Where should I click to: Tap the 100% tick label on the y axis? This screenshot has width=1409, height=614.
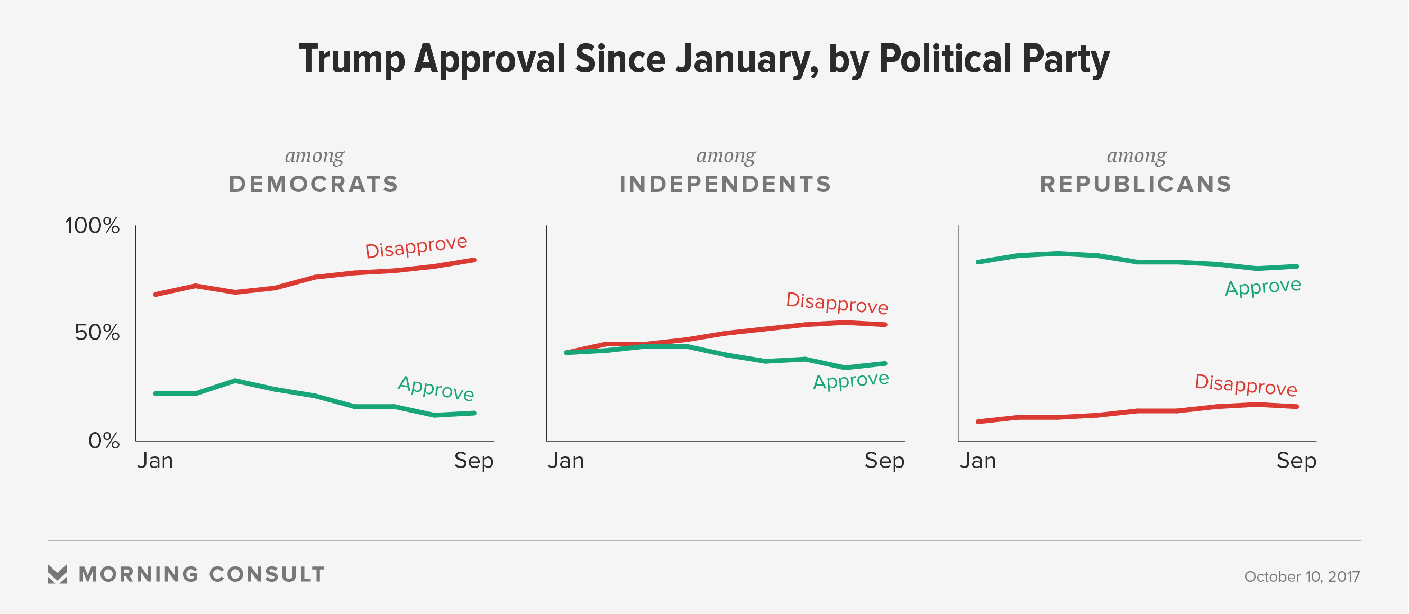[x=92, y=226]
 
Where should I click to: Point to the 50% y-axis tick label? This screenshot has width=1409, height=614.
[x=97, y=333]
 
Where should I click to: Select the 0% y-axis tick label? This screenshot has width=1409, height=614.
[x=103, y=441]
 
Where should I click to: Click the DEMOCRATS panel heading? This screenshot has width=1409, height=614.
[x=314, y=184]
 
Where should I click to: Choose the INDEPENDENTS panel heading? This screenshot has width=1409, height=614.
[x=725, y=184]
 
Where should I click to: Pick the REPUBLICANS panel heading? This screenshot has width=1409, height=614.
[x=1136, y=184]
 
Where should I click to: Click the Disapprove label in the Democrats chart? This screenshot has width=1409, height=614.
[x=416, y=246]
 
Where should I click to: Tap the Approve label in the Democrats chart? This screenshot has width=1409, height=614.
[x=436, y=388]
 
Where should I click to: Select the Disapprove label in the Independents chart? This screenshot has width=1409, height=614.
[x=837, y=303]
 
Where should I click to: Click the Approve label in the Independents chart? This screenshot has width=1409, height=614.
[x=851, y=380]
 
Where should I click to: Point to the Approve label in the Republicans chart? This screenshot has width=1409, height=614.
[x=1263, y=287]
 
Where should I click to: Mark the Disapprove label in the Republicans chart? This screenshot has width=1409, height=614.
[x=1246, y=385]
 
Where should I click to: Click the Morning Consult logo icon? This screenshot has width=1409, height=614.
[x=58, y=574]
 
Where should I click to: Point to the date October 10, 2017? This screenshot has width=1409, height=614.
[x=1302, y=576]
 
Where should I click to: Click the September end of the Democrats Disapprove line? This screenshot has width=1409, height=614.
[x=474, y=260]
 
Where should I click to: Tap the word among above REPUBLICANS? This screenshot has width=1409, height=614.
[x=1136, y=156]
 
